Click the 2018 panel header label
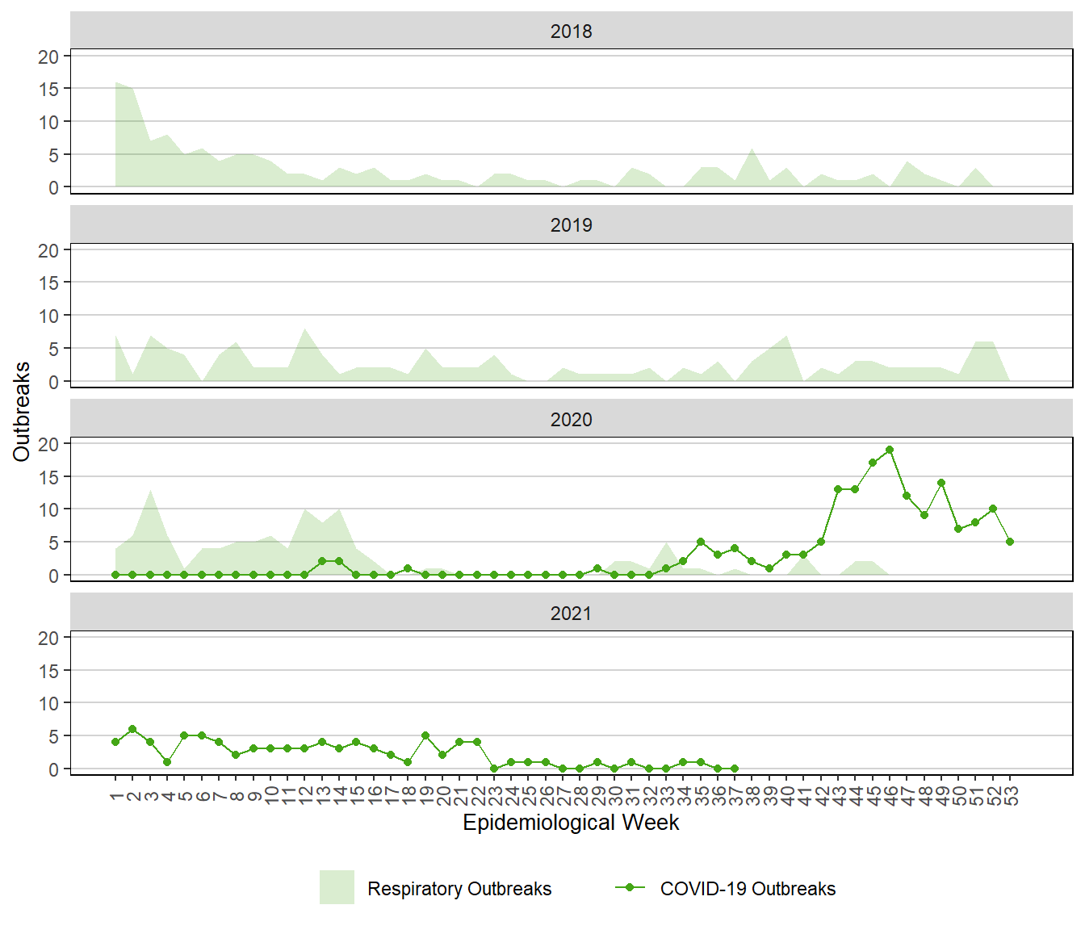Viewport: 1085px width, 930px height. pos(571,31)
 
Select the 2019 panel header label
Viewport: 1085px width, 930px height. pos(571,224)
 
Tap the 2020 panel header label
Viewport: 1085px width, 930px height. pos(571,419)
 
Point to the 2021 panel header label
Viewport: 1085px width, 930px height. pos(571,613)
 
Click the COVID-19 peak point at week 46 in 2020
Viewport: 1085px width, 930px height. pos(890,450)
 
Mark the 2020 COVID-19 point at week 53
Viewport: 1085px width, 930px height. pos(1010,542)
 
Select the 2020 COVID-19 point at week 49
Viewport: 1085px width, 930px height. pos(941,483)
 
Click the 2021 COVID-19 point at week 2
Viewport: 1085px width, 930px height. pos(132,729)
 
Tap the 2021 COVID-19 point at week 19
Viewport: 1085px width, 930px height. pos(425,735)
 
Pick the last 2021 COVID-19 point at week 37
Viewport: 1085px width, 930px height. pos(735,769)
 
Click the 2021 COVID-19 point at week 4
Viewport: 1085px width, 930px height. pos(167,762)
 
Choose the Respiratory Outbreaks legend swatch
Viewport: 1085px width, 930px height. pos(337,887)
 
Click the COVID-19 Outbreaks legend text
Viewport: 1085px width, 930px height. pos(748,889)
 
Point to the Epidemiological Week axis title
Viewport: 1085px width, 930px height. pos(571,823)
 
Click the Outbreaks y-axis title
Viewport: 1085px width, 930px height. pos(22,412)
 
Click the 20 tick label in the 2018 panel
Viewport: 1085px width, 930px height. pos(48,57)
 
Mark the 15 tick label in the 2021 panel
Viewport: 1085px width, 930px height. pos(48,671)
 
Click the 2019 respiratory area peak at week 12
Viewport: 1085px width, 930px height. pos(304,329)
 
